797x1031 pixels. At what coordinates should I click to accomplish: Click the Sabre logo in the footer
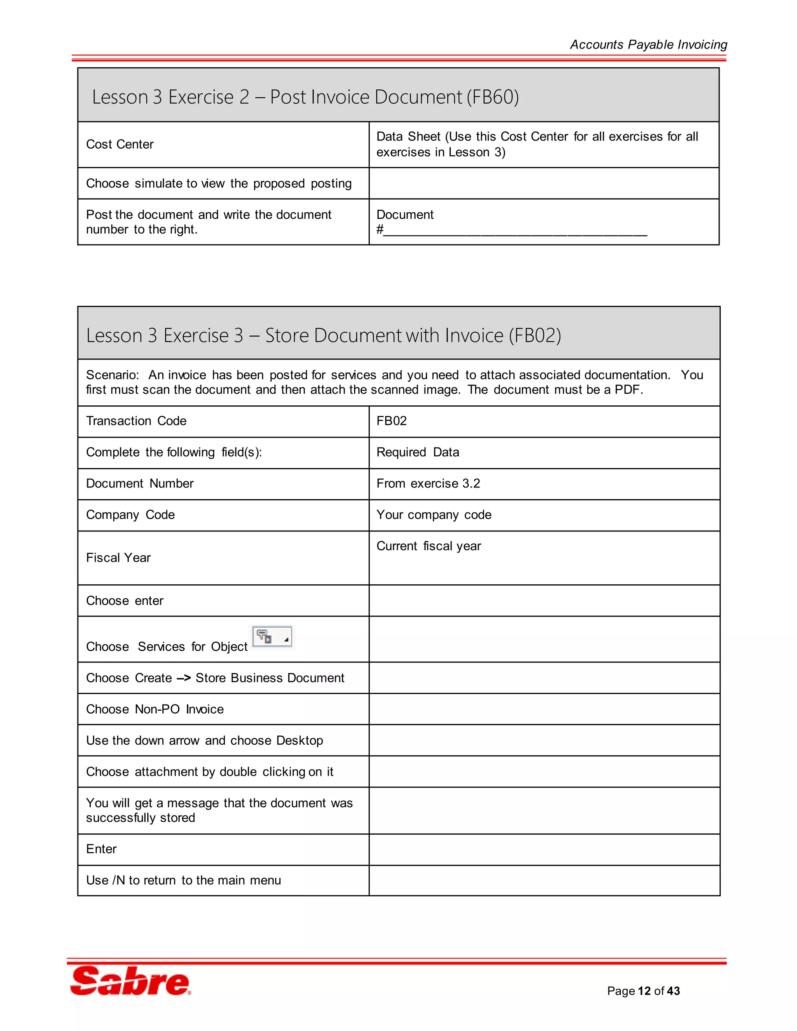point(131,980)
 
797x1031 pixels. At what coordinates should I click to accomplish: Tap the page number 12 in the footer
point(644,991)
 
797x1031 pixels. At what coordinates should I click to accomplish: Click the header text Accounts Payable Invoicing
point(648,44)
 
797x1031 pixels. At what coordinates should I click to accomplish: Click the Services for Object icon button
point(272,637)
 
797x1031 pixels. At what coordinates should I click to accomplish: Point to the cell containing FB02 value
point(391,421)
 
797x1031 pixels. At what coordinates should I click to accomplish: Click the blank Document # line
point(514,230)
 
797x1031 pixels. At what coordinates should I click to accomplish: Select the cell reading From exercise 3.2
point(428,483)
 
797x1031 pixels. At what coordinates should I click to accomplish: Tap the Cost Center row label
point(120,144)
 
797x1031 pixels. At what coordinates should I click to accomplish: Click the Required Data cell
point(418,452)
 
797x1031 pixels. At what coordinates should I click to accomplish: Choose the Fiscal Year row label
point(118,558)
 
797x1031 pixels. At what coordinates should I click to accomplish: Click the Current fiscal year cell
point(428,546)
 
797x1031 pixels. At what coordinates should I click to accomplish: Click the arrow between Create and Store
point(184,678)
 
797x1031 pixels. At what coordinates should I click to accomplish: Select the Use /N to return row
point(183,880)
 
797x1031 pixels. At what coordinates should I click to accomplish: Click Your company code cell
point(434,515)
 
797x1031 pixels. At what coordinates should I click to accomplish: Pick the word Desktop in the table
point(299,740)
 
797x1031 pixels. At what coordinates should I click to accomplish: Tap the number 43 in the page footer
point(673,991)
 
